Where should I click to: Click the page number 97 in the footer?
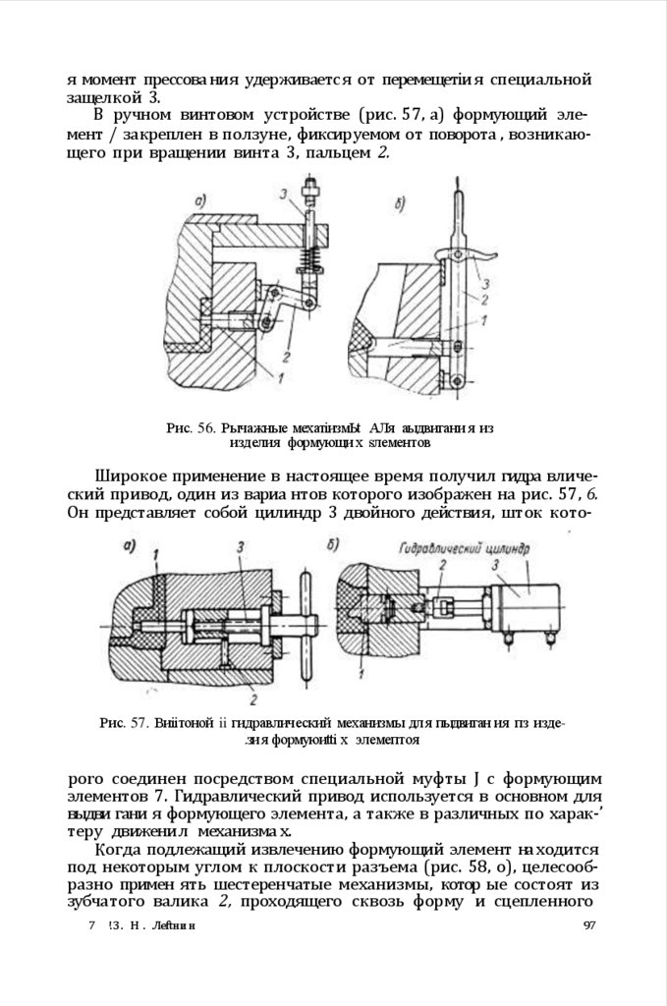tap(590, 926)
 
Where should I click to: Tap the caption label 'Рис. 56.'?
tap(191, 428)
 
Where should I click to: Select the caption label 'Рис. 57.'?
tap(123, 723)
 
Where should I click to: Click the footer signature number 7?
tap(90, 926)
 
